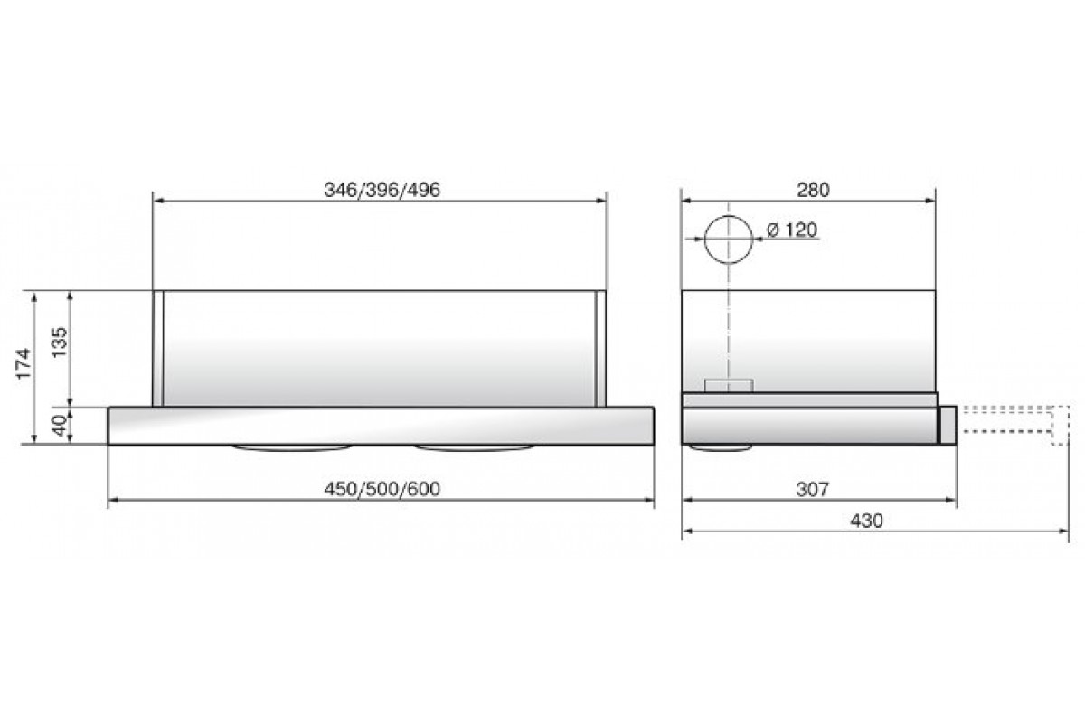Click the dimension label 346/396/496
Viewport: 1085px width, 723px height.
pyautogui.click(x=382, y=190)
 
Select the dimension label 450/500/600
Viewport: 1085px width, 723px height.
pyautogui.click(x=382, y=489)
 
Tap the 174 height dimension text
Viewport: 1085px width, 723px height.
pyautogui.click(x=24, y=363)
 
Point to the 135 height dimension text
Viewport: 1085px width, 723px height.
pyautogui.click(x=60, y=343)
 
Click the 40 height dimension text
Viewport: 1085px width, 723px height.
pyautogui.click(x=60, y=426)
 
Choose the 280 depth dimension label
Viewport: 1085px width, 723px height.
pyautogui.click(x=813, y=190)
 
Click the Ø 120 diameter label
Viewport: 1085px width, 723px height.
pyautogui.click(x=792, y=230)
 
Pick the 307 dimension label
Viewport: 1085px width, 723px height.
pyautogui.click(x=813, y=490)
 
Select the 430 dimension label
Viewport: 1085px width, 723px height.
pyautogui.click(x=867, y=521)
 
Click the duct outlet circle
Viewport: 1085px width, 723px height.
pyautogui.click(x=729, y=215)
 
